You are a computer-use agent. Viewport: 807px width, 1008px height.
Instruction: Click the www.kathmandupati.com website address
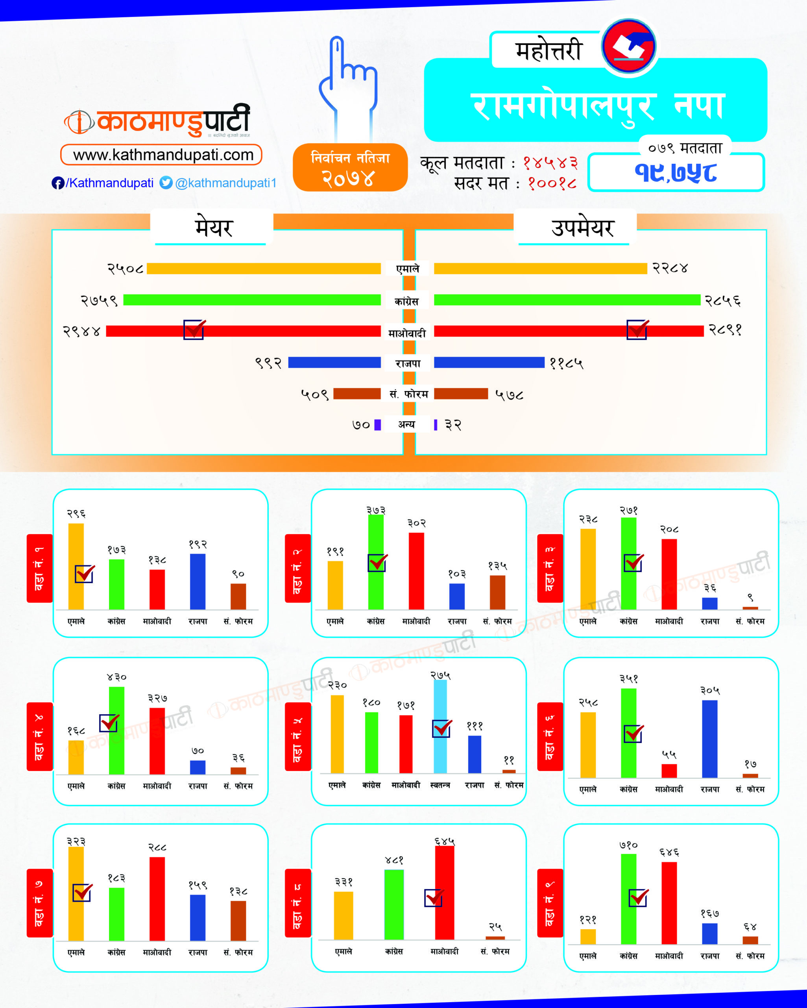click(x=162, y=155)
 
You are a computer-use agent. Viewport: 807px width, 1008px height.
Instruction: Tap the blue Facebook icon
click(x=57, y=183)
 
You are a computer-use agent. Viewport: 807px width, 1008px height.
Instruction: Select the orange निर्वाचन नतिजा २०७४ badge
click(x=350, y=167)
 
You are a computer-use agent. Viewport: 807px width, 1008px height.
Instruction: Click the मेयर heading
click(x=213, y=228)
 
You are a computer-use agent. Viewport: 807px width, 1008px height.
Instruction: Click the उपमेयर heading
click(x=582, y=228)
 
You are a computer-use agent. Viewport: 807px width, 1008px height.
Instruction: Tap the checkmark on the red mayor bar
click(x=194, y=330)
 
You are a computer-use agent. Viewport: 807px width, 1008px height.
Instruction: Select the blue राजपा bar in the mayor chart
click(x=334, y=362)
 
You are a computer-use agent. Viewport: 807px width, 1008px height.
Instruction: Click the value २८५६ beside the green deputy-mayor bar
click(x=722, y=300)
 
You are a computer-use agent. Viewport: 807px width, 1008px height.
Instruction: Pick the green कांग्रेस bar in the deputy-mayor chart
click(x=567, y=300)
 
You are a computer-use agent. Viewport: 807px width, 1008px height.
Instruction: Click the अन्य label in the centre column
click(x=406, y=424)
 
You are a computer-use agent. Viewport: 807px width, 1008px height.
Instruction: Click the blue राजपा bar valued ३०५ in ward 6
click(x=709, y=739)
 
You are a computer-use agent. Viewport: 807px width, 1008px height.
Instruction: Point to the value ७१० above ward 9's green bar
click(x=628, y=845)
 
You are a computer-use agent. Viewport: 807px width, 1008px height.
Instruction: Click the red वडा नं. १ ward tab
click(x=40, y=568)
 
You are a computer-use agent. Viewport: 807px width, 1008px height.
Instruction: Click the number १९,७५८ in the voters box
click(x=675, y=172)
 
